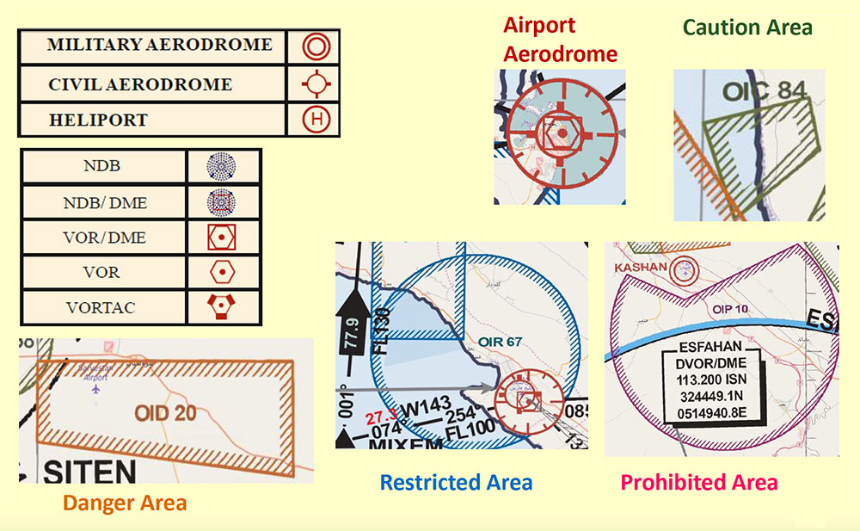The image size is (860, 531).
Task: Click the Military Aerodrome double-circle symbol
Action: (316, 46)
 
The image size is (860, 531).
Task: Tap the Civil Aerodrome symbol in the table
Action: (316, 83)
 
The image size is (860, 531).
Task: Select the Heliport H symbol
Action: (316, 120)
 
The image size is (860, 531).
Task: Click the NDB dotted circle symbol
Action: (222, 166)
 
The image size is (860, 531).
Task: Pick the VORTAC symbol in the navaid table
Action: (222, 307)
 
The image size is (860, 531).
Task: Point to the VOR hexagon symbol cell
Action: (222, 272)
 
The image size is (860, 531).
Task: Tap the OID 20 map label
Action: (165, 413)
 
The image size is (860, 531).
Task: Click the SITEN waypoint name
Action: (89, 472)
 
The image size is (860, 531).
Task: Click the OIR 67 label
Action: (502, 343)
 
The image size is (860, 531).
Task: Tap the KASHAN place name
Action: (641, 269)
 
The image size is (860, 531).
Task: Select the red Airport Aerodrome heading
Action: (559, 40)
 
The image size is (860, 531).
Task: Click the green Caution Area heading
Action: (746, 28)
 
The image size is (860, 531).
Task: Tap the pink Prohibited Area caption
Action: (698, 482)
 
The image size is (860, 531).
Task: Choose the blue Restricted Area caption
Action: (456, 482)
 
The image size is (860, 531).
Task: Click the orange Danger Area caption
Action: (125, 503)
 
